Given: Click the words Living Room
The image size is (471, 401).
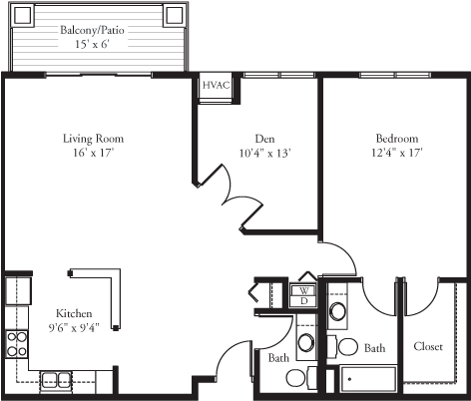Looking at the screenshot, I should [93, 139].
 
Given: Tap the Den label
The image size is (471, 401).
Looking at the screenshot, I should [264, 139].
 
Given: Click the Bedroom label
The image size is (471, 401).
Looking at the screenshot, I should [396, 139].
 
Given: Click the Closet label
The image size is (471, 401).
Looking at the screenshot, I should [429, 346].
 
